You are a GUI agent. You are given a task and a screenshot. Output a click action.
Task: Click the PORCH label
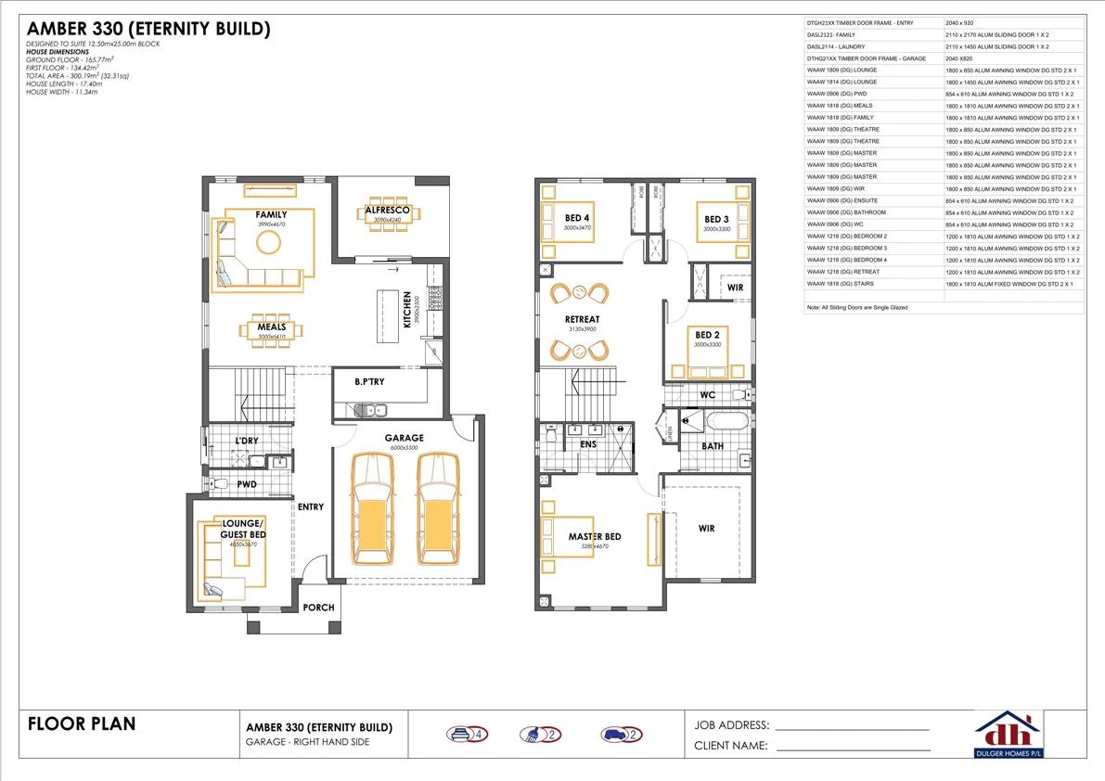(319, 608)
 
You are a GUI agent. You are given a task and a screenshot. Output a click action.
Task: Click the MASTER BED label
(595, 537)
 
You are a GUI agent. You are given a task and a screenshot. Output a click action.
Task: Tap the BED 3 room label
(717, 219)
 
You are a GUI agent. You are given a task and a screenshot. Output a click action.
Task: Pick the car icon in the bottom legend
(615, 735)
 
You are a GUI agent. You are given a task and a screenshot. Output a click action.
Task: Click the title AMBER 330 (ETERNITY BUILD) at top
(148, 30)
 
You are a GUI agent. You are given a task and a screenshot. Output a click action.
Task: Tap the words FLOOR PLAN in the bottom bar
(82, 723)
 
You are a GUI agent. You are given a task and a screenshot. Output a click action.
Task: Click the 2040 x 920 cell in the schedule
(959, 21)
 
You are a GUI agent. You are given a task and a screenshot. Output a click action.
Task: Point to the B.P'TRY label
(370, 381)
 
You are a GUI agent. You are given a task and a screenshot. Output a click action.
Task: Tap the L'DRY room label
(246, 440)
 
